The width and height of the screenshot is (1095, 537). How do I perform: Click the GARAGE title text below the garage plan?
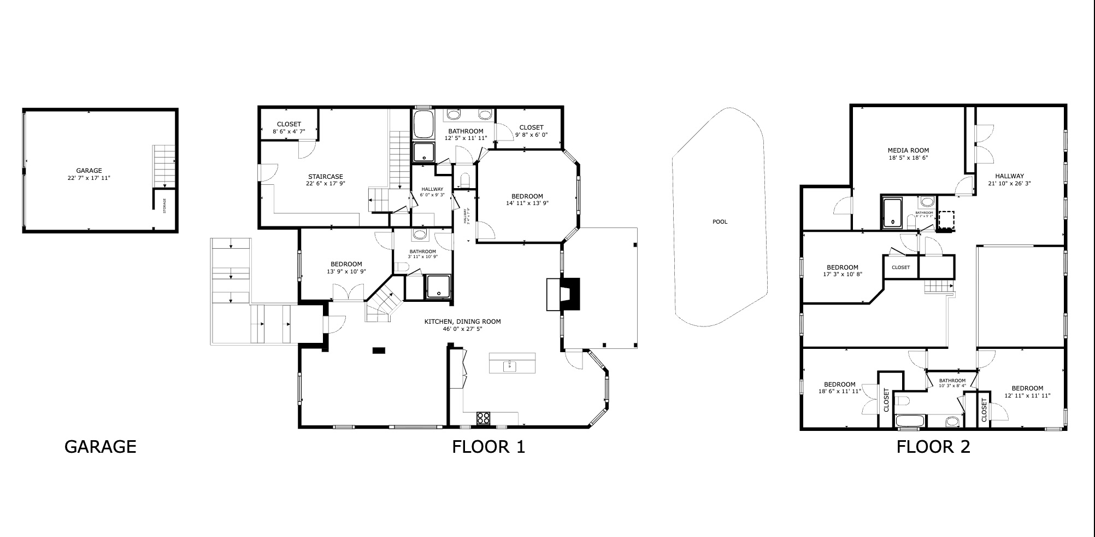coord(100,447)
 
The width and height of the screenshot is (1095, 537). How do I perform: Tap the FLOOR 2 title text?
coord(933,447)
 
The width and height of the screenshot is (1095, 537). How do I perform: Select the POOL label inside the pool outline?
coord(720,222)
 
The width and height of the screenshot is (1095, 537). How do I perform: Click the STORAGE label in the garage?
coord(164,206)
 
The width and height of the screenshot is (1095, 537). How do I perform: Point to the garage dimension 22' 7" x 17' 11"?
coord(89,178)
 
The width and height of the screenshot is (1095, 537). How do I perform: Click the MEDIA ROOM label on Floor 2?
coord(908,150)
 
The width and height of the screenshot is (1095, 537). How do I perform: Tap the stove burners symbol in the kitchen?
coord(483,418)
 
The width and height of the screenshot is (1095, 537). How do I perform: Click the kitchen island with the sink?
coord(512,364)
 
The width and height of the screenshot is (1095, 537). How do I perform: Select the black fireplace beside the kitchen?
coord(568,295)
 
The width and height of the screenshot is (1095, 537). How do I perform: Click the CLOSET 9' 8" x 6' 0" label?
coord(531,131)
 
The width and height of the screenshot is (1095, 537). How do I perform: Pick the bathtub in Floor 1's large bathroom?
coord(423,125)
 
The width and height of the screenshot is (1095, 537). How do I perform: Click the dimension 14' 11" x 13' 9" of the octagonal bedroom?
coord(527,203)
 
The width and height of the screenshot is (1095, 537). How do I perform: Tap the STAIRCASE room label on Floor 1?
coord(325,177)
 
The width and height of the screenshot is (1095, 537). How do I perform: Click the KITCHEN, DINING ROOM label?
coord(462,322)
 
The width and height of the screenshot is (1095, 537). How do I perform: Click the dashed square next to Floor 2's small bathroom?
coord(946,220)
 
